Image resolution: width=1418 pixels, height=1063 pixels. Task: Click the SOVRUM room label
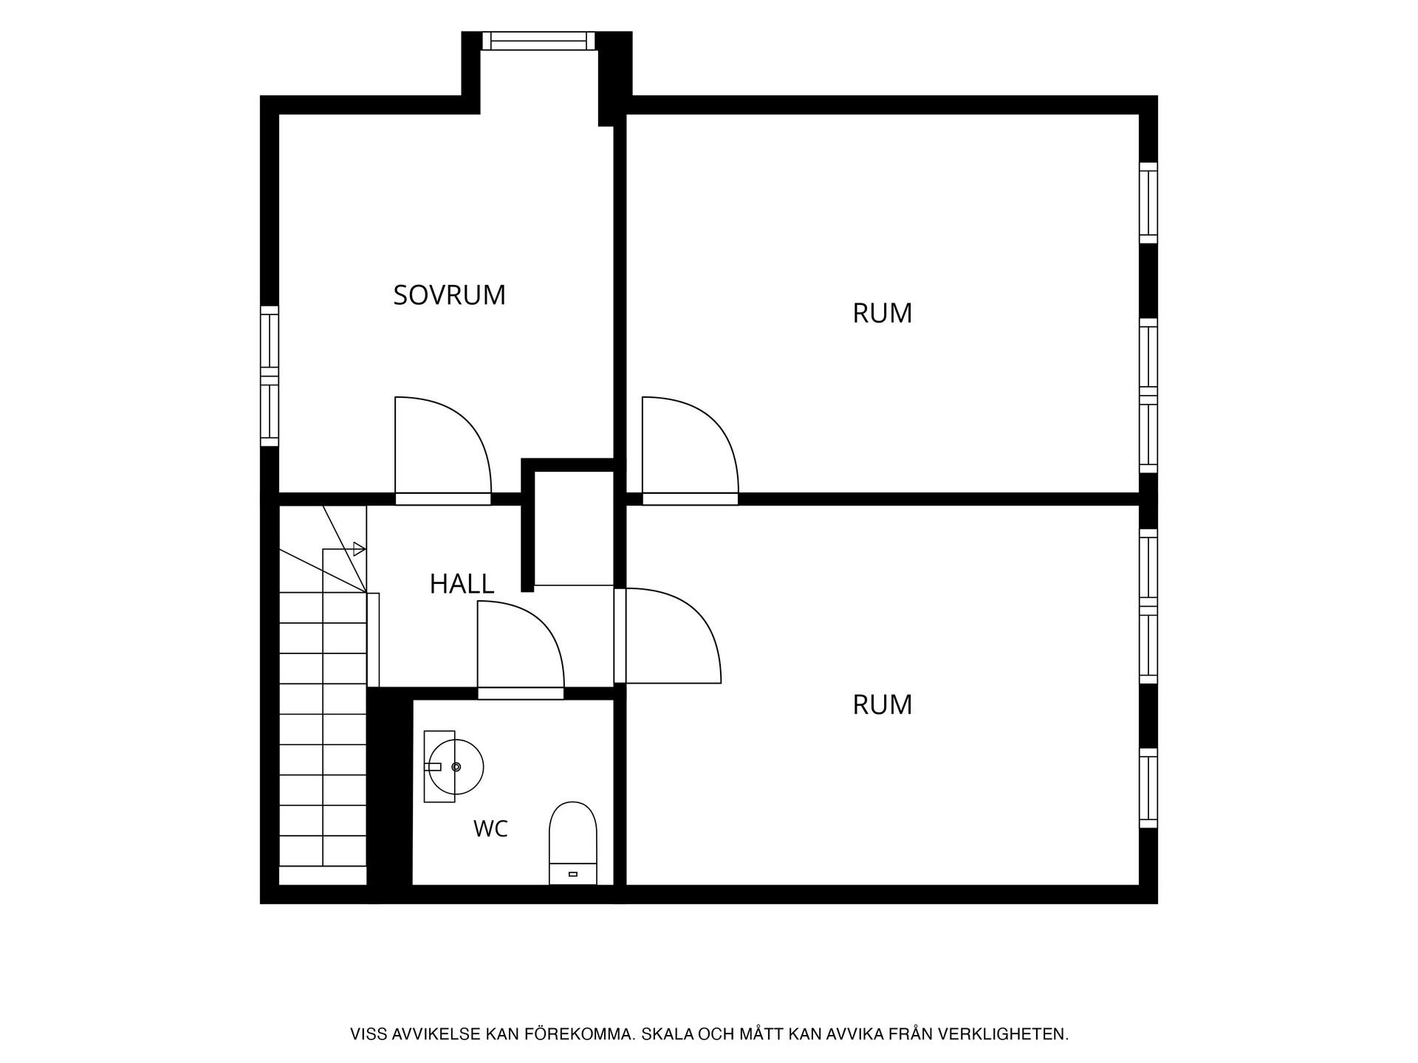pyautogui.click(x=449, y=295)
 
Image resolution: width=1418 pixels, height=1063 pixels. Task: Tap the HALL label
pyautogui.click(x=462, y=584)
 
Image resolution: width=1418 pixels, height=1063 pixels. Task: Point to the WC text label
pyautogui.click(x=490, y=829)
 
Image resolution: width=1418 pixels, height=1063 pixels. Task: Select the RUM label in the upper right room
pyautogui.click(x=883, y=313)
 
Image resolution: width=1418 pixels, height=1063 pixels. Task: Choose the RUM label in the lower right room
pyautogui.click(x=883, y=704)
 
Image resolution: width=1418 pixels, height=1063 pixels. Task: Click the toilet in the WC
pyautogui.click(x=572, y=843)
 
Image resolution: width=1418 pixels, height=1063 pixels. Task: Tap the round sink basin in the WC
pyautogui.click(x=456, y=767)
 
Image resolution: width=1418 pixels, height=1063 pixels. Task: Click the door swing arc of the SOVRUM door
pyautogui.click(x=464, y=424)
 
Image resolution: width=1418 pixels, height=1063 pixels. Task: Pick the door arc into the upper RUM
pyautogui.click(x=710, y=424)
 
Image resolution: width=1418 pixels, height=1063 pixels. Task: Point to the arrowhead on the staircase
pyautogui.click(x=360, y=548)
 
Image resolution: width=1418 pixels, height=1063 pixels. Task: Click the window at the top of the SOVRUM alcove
pyautogui.click(x=538, y=41)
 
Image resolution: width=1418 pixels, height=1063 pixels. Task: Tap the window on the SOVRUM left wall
pyautogui.click(x=270, y=376)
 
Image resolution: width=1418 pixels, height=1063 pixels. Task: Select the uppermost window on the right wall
pyautogui.click(x=1148, y=202)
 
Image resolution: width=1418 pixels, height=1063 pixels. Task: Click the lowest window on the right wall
pyautogui.click(x=1148, y=788)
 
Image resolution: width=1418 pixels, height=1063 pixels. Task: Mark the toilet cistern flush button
pyautogui.click(x=572, y=874)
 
